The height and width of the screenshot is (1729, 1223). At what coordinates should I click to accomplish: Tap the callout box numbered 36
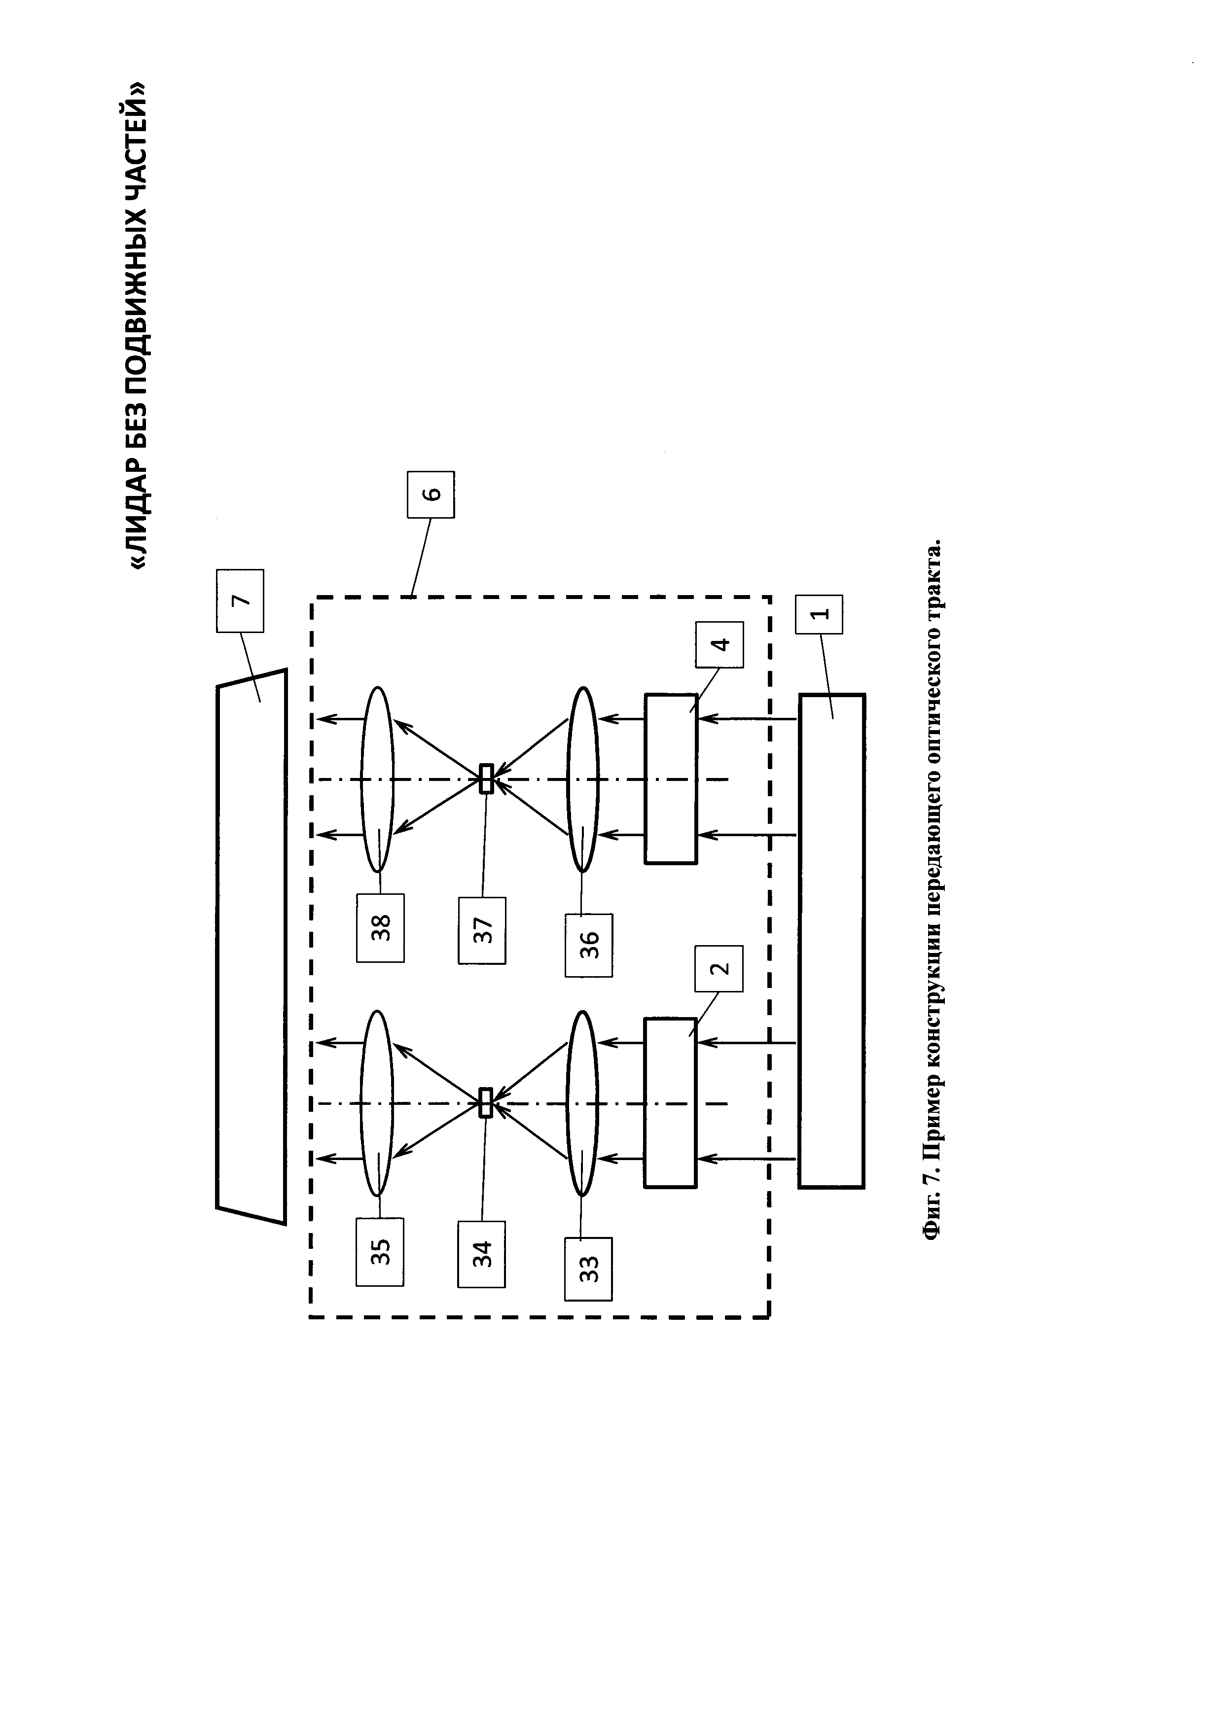tap(589, 945)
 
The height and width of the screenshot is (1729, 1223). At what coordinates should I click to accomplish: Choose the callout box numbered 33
tap(589, 1269)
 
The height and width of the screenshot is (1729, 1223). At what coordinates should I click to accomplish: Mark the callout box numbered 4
tap(720, 644)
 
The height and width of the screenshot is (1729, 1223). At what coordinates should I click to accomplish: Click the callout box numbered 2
tap(720, 968)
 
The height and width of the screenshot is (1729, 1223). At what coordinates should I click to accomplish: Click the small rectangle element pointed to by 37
tap(487, 778)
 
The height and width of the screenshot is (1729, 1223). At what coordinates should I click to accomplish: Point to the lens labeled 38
tap(377, 778)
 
